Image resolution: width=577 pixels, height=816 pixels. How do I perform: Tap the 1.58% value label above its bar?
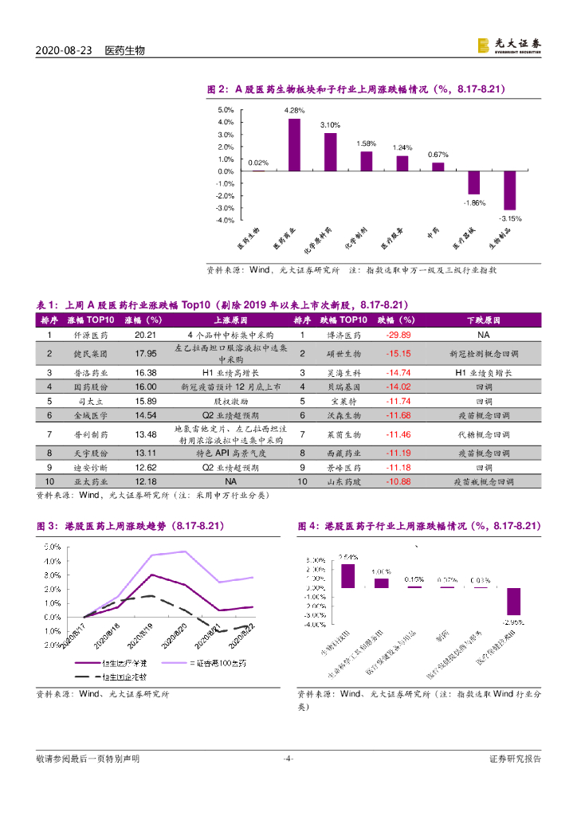pos(366,143)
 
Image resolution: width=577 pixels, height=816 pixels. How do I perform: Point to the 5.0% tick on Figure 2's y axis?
pos(225,110)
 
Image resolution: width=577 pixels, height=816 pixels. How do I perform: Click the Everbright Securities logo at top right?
pos(508,47)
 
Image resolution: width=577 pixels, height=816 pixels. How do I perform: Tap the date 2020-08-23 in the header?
pos(65,49)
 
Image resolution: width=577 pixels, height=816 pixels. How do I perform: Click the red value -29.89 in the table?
pos(398,335)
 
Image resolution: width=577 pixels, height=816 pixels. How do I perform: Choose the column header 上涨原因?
pos(221,320)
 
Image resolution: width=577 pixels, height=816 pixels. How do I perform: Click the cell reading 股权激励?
pos(221,401)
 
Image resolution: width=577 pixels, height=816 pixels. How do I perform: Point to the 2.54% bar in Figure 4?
pos(347,575)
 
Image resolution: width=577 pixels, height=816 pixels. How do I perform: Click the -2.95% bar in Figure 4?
pos(513,602)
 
